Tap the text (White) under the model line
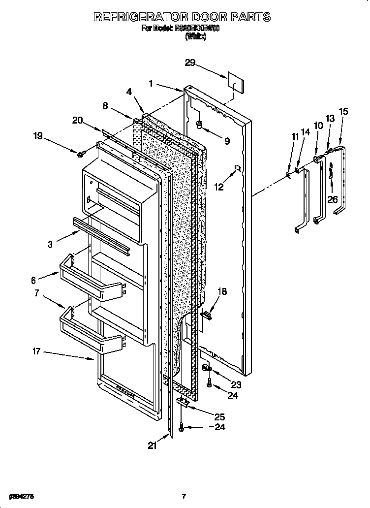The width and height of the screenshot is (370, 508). point(196,36)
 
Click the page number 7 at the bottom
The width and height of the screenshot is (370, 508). point(184,495)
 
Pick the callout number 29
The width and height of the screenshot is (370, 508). point(190,63)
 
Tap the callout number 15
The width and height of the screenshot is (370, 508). point(343,112)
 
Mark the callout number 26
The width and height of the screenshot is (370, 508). point(333,199)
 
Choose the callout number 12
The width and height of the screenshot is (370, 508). point(219,187)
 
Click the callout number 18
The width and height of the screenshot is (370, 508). point(222,292)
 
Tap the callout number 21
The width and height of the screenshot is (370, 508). point(153,445)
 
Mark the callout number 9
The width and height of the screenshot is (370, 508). point(227,141)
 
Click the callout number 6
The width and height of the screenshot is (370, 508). point(34,281)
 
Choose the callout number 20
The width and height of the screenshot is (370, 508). point(77,121)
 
